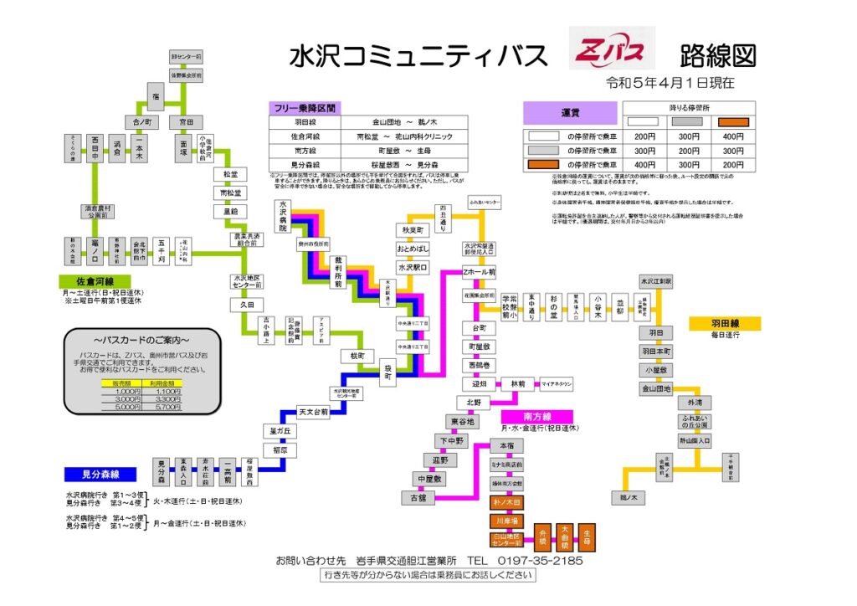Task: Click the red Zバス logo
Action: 612,53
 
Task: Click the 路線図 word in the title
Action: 717,55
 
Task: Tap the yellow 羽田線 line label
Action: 724,323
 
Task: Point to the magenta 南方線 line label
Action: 537,416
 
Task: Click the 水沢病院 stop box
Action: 285,216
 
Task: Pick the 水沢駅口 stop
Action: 413,268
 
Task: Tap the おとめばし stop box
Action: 413,249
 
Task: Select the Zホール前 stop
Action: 480,272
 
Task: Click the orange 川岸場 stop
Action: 506,520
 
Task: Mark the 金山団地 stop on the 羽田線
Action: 656,389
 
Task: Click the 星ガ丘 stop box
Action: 279,431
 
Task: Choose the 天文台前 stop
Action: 313,412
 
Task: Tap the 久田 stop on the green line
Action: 247,305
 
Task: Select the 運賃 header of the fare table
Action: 571,113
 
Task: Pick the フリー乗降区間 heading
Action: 303,108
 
